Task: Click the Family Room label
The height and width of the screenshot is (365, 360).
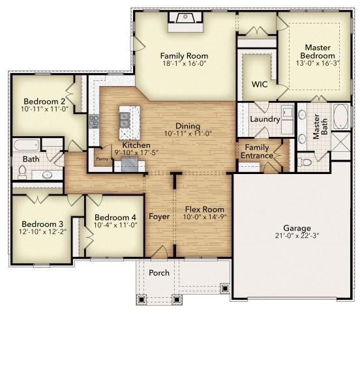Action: click(x=184, y=56)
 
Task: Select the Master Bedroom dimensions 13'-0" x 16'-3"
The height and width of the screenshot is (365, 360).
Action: click(x=318, y=63)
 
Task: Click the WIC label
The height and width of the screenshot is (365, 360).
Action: click(x=260, y=84)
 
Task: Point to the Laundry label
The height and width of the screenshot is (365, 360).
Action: click(x=265, y=119)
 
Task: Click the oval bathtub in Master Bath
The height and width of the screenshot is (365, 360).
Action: click(x=341, y=117)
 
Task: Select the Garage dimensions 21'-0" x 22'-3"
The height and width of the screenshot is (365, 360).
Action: click(x=297, y=235)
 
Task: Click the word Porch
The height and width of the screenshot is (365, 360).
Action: click(x=159, y=272)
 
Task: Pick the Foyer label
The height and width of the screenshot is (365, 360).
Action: click(x=159, y=216)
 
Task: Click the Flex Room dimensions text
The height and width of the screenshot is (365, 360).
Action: click(x=205, y=216)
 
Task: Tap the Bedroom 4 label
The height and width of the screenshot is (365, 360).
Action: click(x=115, y=218)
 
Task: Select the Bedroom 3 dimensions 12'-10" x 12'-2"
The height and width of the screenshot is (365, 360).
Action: click(x=42, y=231)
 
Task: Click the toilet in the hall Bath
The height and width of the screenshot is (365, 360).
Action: click(x=22, y=172)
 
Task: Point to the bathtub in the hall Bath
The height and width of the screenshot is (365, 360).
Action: click(x=26, y=145)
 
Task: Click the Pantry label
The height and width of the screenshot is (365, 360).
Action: click(x=102, y=159)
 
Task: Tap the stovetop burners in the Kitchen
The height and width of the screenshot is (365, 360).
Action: click(x=94, y=121)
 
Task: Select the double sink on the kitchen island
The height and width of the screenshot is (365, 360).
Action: click(x=124, y=120)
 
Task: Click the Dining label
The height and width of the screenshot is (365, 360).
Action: click(x=188, y=126)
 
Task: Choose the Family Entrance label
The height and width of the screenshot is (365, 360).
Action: click(x=257, y=151)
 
